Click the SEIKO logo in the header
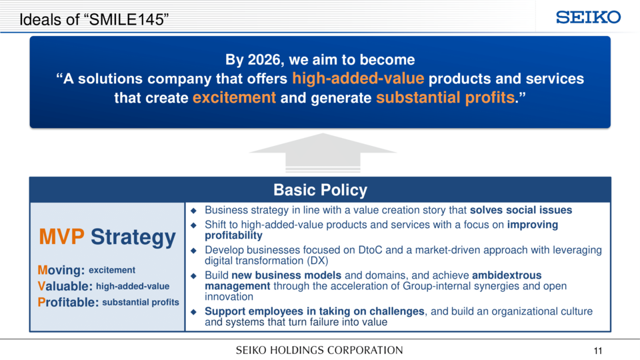point(588,17)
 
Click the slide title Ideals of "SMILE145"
point(94,19)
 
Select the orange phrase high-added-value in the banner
point(358,79)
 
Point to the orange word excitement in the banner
point(234,97)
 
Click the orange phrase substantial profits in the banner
point(445,97)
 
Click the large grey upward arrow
point(323,152)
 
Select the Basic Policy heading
point(321,190)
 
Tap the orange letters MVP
point(61,237)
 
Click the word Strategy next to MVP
point(133,237)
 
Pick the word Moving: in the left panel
point(61,270)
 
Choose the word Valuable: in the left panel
point(65,286)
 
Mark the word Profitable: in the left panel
point(68,302)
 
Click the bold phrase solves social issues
point(521,210)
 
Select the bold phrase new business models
point(286,275)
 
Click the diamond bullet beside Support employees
point(193,312)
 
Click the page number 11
point(598,351)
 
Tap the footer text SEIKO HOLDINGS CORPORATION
point(319,350)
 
